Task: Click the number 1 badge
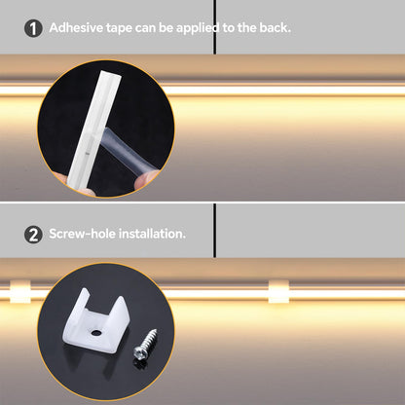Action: [33, 28]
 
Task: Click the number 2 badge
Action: [33, 235]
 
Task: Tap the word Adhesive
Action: [76, 27]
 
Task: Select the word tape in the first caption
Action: [119, 28]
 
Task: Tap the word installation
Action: [152, 234]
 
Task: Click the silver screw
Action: [145, 345]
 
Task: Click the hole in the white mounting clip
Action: [95, 332]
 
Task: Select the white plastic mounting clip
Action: [95, 321]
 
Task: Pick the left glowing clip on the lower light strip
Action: [20, 291]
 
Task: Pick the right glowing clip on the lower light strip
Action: [278, 291]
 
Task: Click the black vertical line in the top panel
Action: [214, 27]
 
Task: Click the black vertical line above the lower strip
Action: [214, 231]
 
